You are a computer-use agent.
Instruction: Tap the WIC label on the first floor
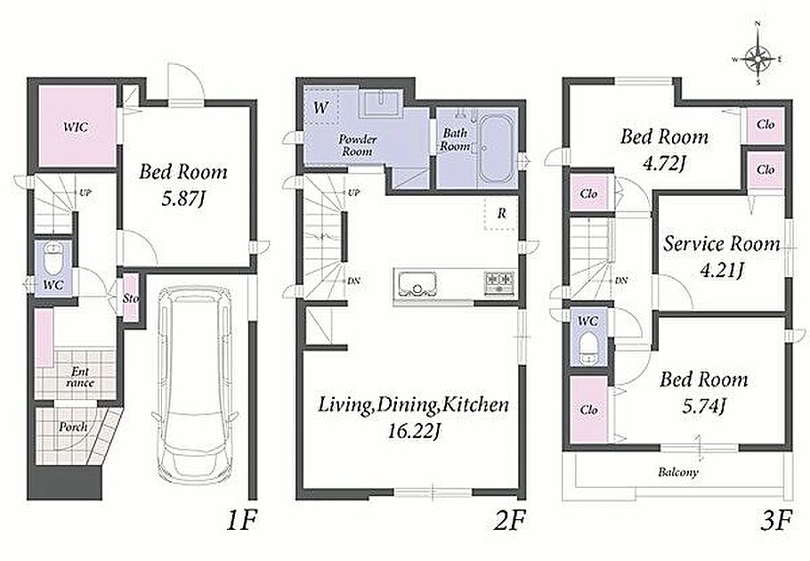click(76, 126)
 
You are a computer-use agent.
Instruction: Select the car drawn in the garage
click(195, 383)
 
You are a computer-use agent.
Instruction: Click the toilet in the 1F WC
click(53, 259)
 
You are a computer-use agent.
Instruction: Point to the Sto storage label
click(131, 298)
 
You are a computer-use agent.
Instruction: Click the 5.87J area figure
click(183, 199)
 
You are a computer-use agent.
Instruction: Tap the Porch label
click(73, 427)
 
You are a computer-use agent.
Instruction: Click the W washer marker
click(320, 108)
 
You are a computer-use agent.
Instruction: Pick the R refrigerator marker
click(502, 214)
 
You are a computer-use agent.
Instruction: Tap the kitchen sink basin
click(417, 284)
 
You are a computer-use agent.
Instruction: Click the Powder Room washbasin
click(380, 102)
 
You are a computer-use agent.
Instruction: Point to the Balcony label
click(677, 472)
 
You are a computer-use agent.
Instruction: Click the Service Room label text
click(722, 244)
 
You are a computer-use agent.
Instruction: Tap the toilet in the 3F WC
click(588, 348)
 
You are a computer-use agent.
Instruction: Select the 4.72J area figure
click(664, 164)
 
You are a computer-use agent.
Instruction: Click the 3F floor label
click(776, 522)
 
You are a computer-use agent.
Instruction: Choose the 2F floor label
click(509, 522)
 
